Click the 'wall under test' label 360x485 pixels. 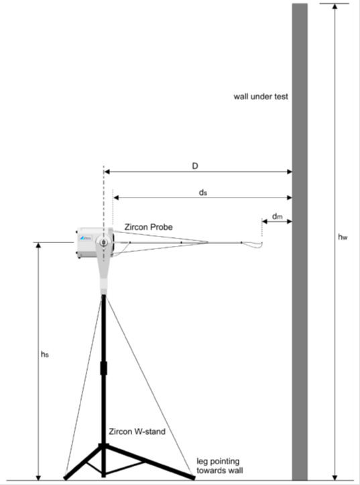point(261,96)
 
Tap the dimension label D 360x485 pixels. point(195,166)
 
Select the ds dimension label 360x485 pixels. point(202,192)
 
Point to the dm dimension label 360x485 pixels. point(278,216)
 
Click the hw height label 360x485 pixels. point(343,237)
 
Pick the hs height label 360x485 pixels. point(45,354)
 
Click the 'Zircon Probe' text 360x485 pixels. point(149,227)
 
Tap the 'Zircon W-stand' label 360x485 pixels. point(137,431)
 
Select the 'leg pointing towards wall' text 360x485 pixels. point(220,466)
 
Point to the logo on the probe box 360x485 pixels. point(86,238)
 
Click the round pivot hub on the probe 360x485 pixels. point(104,242)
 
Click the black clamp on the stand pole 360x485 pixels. point(104,368)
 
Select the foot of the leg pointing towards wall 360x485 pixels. point(193,478)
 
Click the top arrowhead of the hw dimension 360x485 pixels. point(335,6)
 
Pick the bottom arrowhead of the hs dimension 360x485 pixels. point(38,477)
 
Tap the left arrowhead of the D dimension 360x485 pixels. point(107,171)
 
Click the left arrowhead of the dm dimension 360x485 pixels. point(265,221)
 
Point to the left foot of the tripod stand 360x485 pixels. point(66,478)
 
